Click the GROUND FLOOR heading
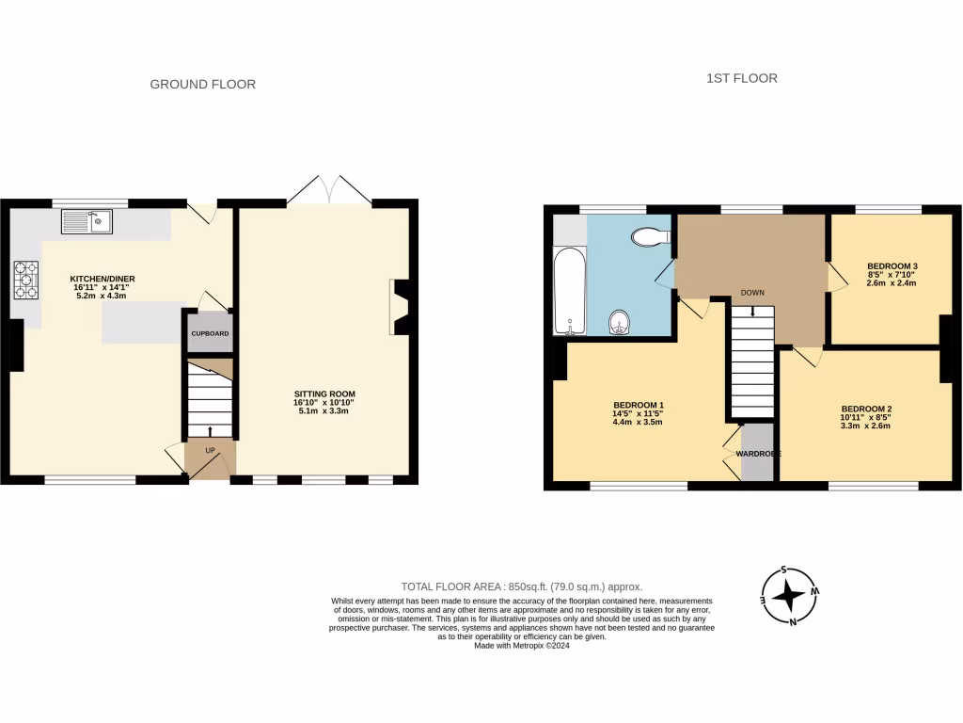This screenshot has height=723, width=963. coord(203,84)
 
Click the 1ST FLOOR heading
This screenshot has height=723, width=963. coord(742,78)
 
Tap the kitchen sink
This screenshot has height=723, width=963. coord(87,222)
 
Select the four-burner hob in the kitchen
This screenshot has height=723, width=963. coord(26,279)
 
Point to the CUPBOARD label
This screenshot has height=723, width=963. coord(210,334)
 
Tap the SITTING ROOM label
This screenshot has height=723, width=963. coord(324,394)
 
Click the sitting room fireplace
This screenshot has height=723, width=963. coord(399,308)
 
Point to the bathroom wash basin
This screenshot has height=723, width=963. coord(620,323)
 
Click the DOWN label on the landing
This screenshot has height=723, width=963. coord(751,293)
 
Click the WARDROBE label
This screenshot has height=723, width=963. coord(758,454)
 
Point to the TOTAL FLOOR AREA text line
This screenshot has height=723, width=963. coord(522,586)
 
